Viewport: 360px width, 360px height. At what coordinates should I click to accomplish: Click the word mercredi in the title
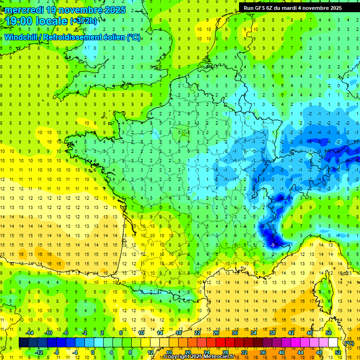tap(26, 10)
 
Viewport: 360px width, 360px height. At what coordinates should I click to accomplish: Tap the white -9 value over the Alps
tap(272, 245)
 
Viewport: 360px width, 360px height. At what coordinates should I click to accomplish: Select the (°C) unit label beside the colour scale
tap(349, 343)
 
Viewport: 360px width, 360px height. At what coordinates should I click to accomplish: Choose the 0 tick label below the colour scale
tap(93, 352)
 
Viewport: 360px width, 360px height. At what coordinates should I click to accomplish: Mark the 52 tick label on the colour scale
tap(338, 352)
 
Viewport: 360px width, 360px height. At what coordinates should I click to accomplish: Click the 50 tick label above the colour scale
tap(329, 333)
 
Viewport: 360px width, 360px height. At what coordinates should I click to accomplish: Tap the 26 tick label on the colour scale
tap(216, 333)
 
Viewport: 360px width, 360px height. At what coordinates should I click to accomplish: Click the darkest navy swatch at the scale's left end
tap(23, 343)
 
